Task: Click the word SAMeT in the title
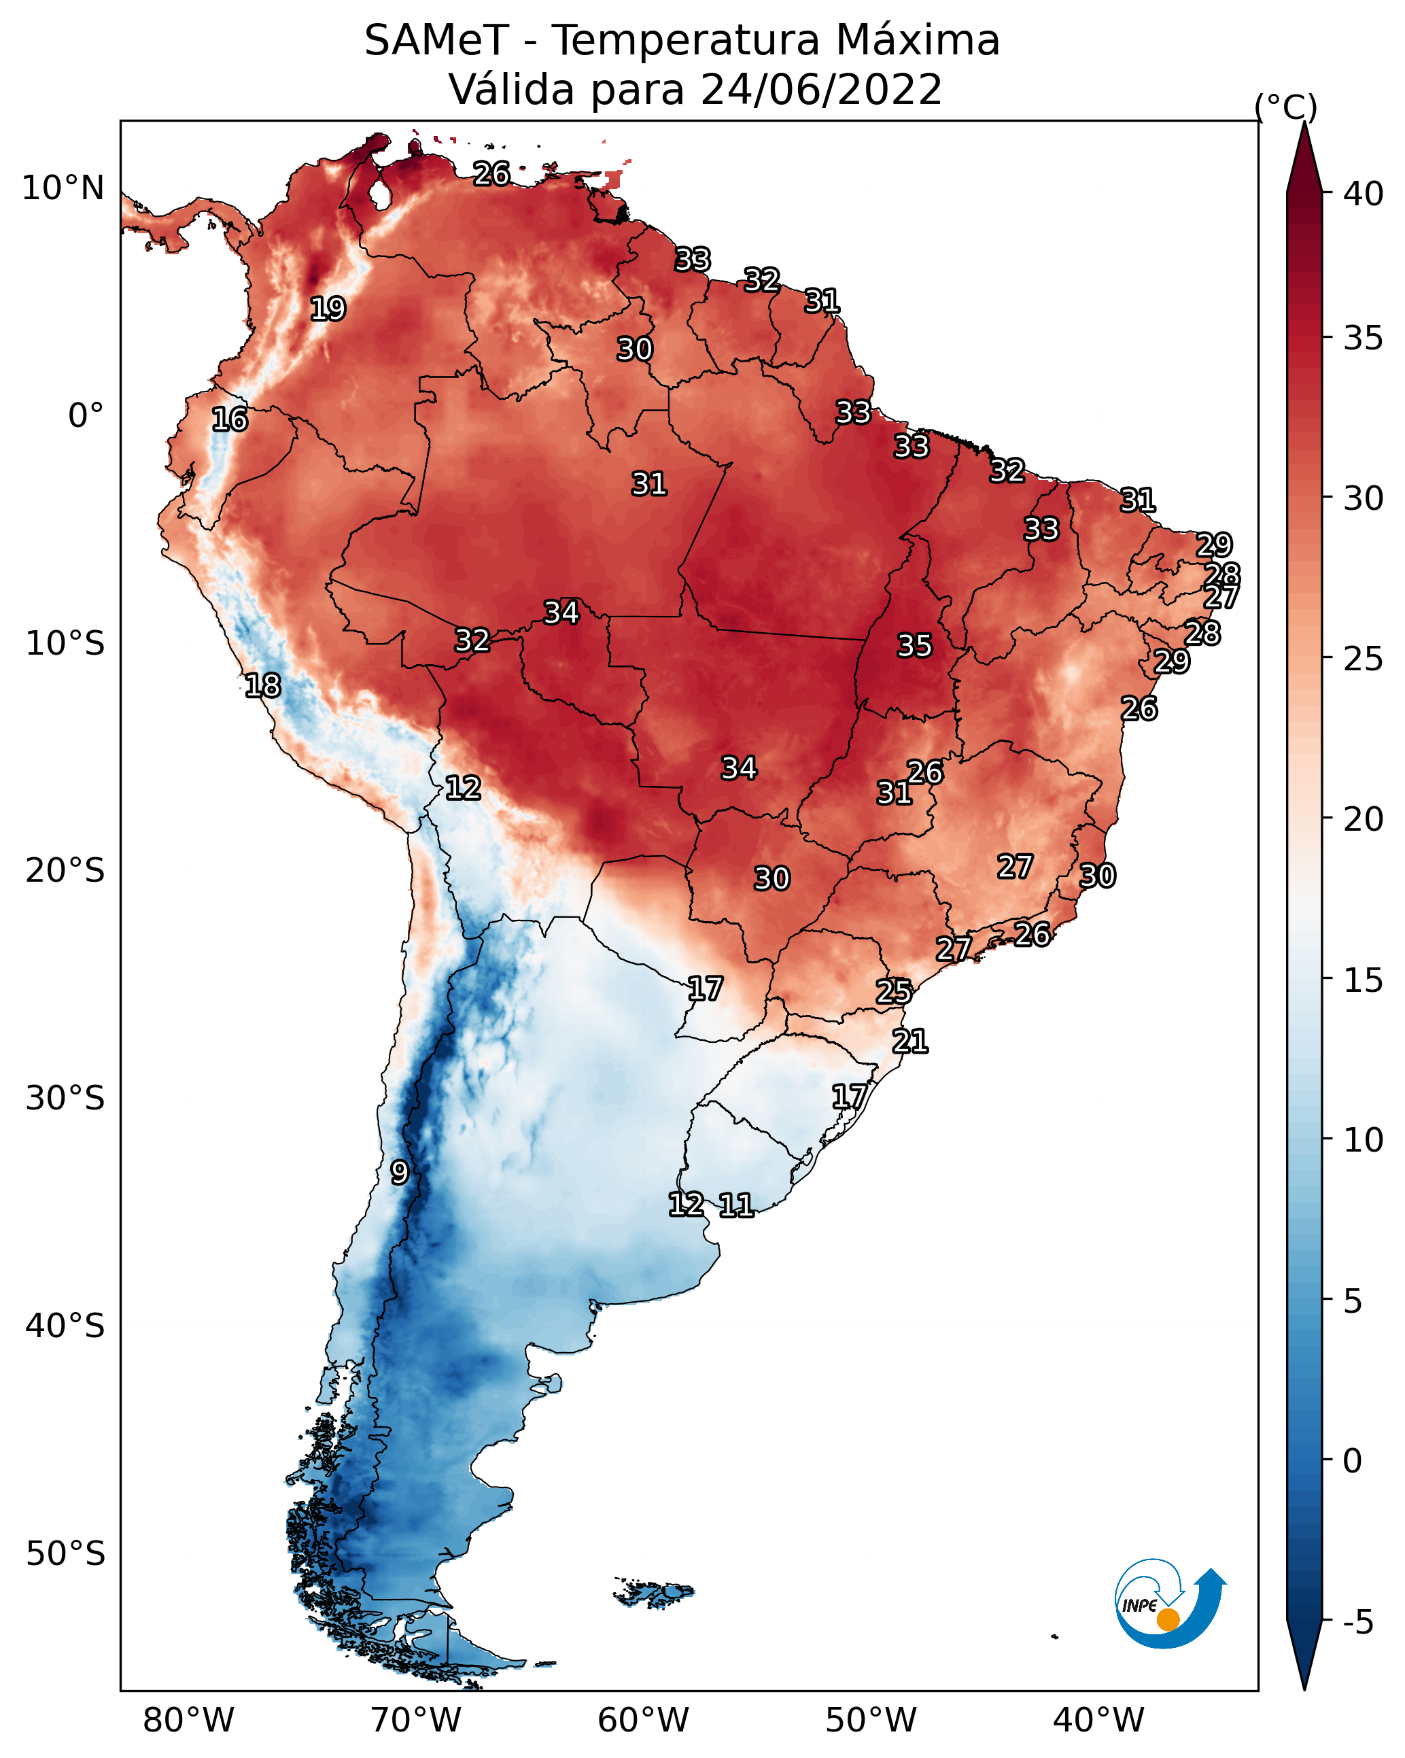(x=436, y=41)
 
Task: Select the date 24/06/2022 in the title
(x=820, y=90)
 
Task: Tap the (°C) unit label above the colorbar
(x=1286, y=107)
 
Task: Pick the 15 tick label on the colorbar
(x=1364, y=980)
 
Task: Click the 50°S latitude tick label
(x=65, y=1554)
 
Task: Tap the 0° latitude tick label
(x=86, y=416)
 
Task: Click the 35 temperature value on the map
(x=914, y=646)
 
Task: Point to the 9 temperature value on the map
(x=399, y=1173)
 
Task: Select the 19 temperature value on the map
(x=328, y=309)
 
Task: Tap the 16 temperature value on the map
(x=230, y=420)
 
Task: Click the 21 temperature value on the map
(x=910, y=1041)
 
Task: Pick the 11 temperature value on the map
(x=735, y=1205)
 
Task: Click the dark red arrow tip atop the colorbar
(x=1304, y=124)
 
